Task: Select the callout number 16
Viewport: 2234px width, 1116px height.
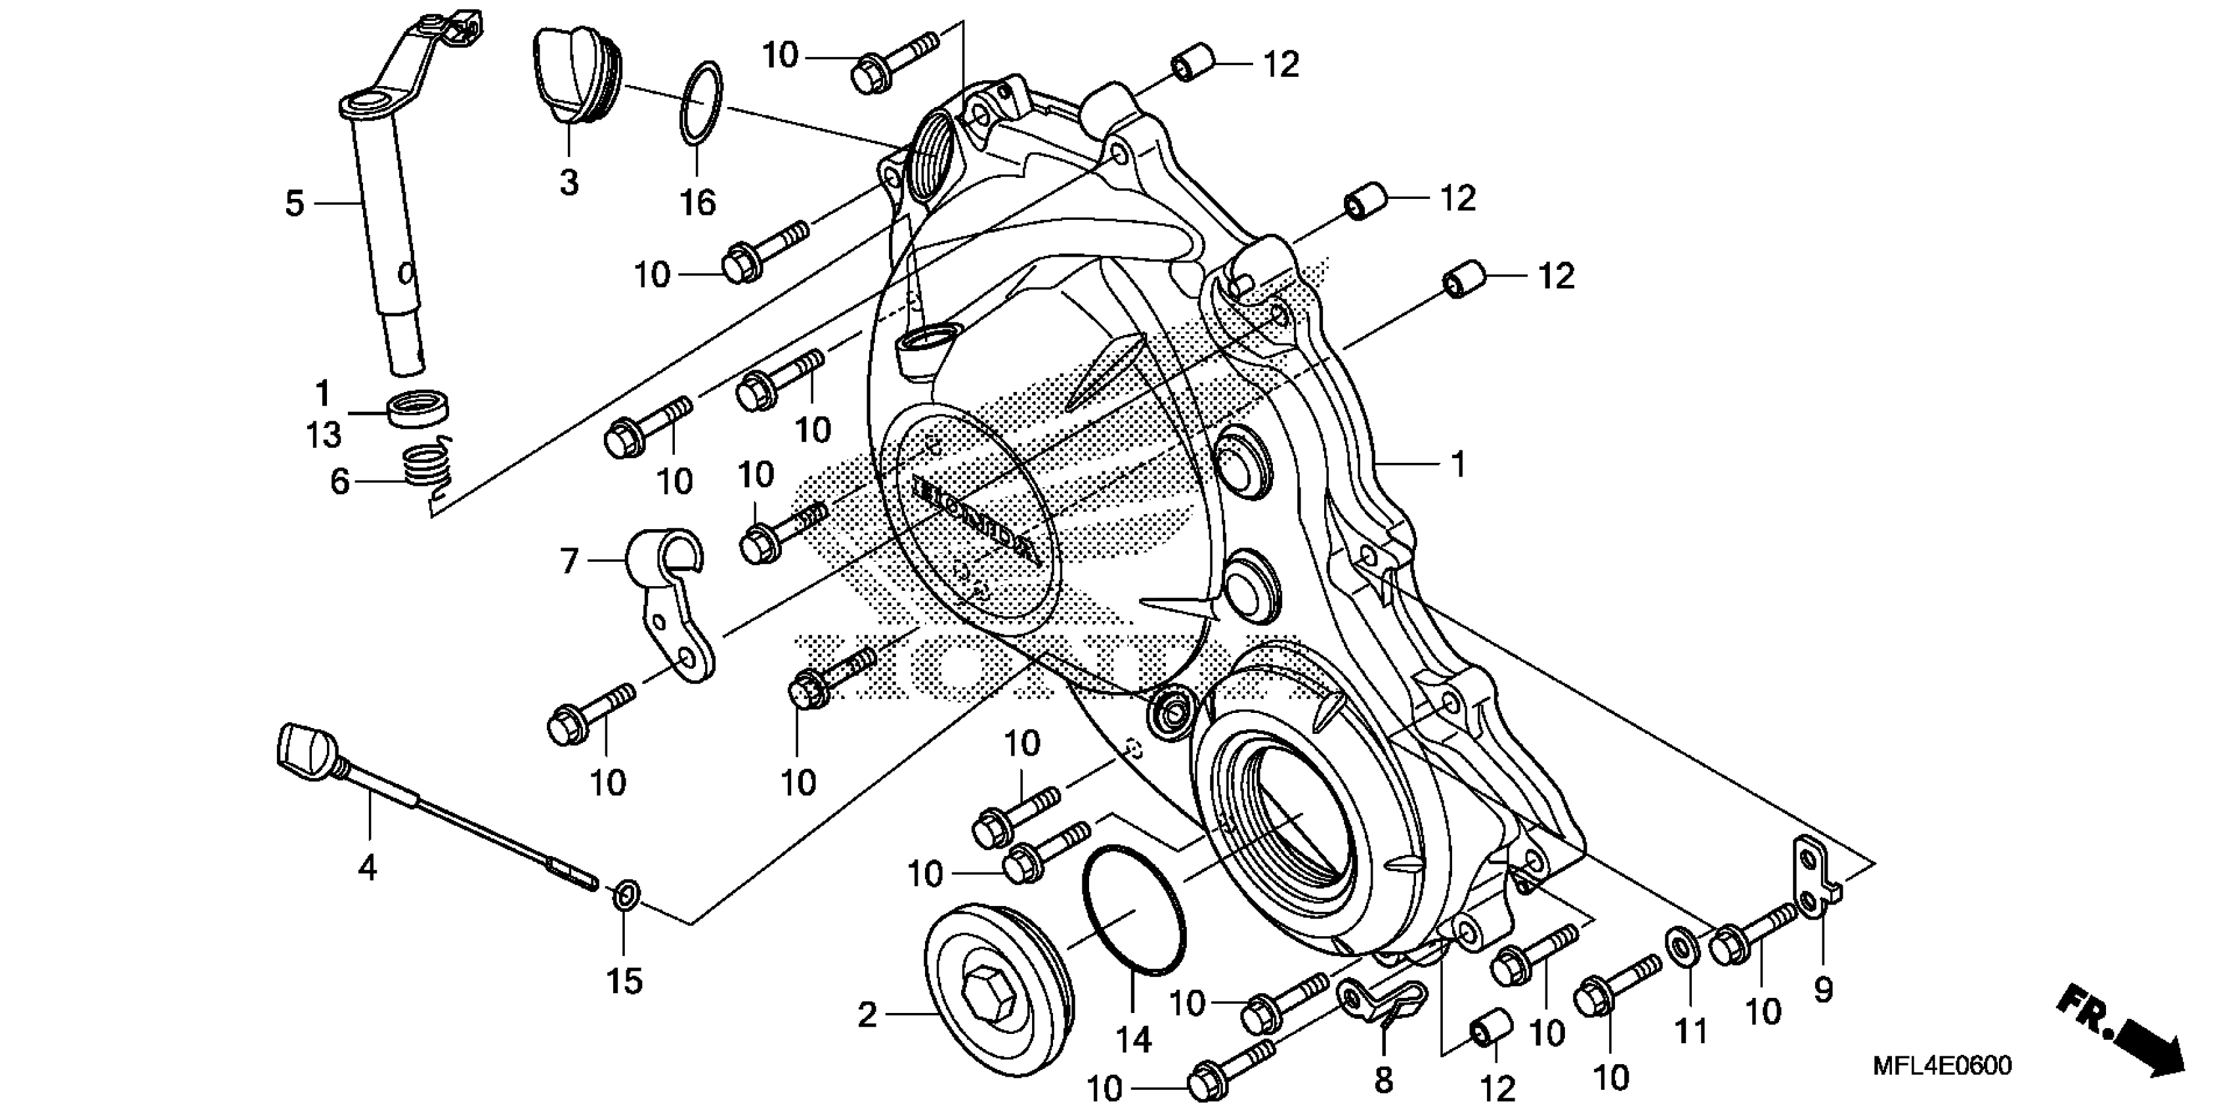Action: click(x=698, y=203)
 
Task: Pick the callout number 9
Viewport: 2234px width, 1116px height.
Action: click(x=1823, y=988)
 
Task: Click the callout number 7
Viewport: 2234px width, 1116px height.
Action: click(x=569, y=561)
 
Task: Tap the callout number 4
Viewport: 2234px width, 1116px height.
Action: click(x=368, y=867)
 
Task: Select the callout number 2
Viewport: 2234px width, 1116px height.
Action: click(x=867, y=1014)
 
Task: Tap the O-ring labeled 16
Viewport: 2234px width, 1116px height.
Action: click(x=700, y=103)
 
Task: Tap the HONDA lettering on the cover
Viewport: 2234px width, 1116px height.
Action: click(x=973, y=524)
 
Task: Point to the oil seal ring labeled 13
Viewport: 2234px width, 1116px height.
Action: click(x=418, y=408)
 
